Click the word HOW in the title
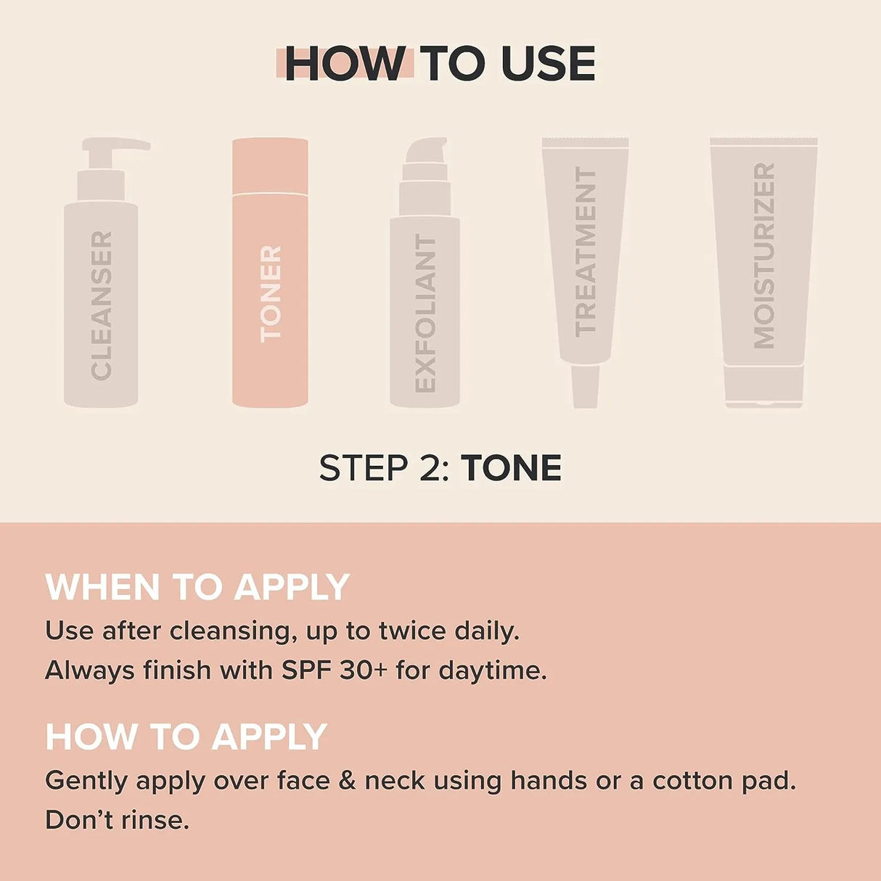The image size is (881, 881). coord(345,64)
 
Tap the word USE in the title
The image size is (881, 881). coord(548,64)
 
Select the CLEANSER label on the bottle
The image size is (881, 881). coord(102,306)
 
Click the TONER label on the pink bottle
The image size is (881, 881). coord(271,293)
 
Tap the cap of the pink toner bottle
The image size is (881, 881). coord(270,165)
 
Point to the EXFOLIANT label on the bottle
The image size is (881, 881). coord(425,314)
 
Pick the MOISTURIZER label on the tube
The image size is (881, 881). coord(764,255)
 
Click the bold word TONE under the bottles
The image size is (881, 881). coord(512,468)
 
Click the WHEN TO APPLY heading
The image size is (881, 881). coord(197,587)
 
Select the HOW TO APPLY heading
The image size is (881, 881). coord(187,737)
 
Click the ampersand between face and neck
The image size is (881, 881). coord(348,781)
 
